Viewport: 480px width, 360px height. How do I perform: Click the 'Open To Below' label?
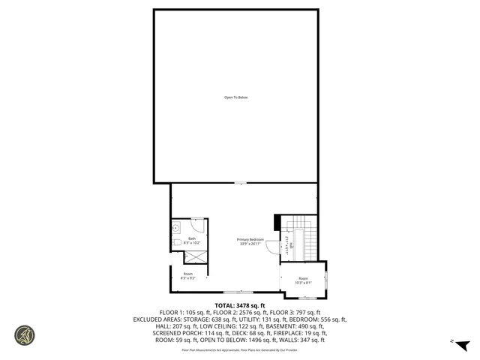coord(235,97)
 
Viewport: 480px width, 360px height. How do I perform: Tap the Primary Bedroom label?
coord(251,239)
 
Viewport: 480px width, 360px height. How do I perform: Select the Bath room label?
coord(192,238)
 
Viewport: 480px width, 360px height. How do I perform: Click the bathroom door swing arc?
coord(197,225)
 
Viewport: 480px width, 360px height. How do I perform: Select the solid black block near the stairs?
coord(277,223)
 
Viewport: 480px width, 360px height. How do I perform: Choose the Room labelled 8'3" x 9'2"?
coord(188,275)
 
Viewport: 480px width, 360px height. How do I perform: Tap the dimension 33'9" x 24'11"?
coord(251,244)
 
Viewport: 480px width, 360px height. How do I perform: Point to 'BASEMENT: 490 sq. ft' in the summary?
coord(307,325)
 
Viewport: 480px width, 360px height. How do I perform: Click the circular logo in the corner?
coord(25,335)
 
